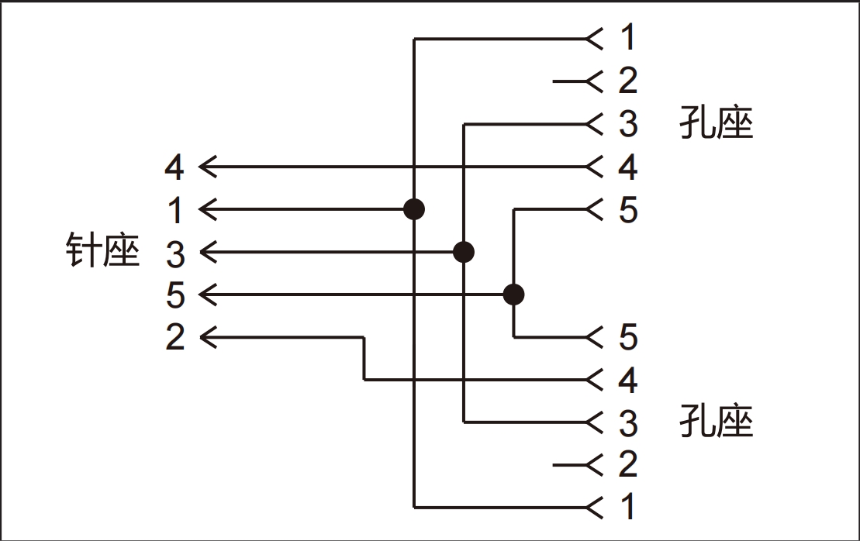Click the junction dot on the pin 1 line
(414, 209)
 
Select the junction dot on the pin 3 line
(464, 252)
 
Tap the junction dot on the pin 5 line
(514, 295)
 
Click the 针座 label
(102, 250)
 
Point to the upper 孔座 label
(717, 122)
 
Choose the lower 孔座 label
(717, 421)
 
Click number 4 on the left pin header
(174, 167)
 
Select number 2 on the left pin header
(175, 337)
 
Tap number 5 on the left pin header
(175, 295)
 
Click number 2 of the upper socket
(629, 81)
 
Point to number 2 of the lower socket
(629, 463)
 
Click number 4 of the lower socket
(629, 380)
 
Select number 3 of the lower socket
(629, 422)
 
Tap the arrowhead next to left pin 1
(208, 209)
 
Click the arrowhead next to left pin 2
(208, 337)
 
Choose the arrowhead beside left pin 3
(208, 252)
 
